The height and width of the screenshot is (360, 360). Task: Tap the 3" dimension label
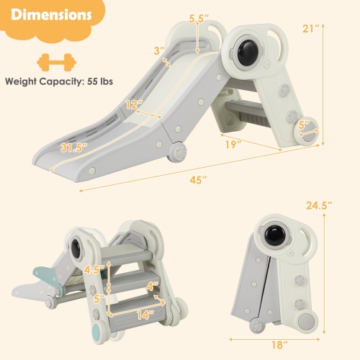tap(158, 50)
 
